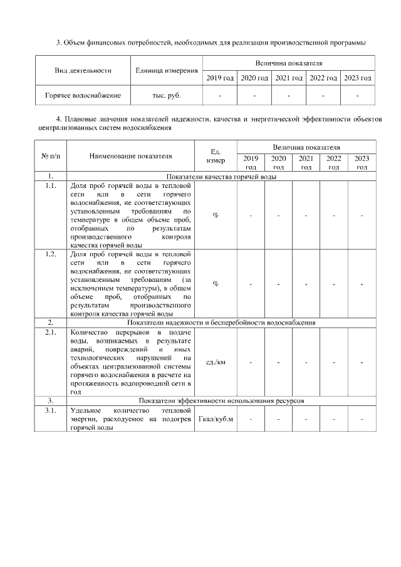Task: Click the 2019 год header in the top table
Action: [x=220, y=78]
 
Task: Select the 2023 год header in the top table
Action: [x=358, y=78]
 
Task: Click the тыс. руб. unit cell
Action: [x=167, y=96]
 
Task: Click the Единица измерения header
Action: [x=167, y=70]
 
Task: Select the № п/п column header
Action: [x=50, y=156]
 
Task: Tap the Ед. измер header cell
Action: [x=216, y=156]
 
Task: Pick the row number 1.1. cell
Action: [x=50, y=186]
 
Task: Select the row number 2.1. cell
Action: [x=50, y=331]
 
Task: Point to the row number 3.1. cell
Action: [x=50, y=410]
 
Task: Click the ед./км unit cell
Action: [x=216, y=362]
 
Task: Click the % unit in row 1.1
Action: [x=216, y=215]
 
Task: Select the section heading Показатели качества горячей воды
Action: [x=221, y=177]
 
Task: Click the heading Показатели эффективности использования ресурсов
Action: [x=221, y=400]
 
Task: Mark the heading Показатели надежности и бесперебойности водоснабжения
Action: [x=221, y=323]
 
